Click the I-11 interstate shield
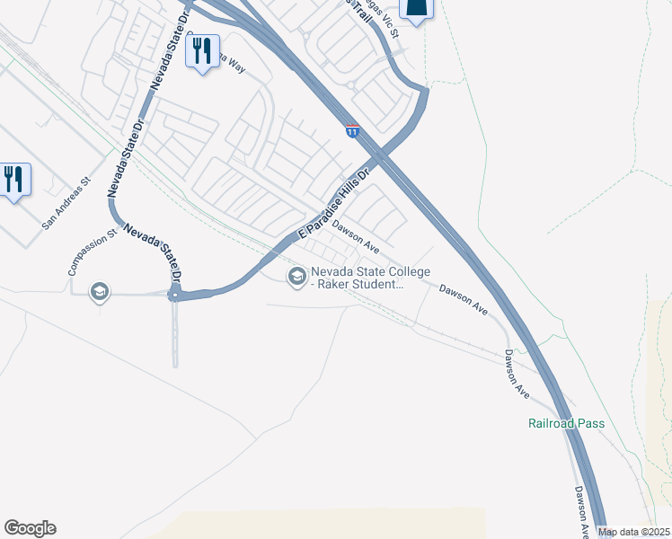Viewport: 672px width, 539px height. (351, 132)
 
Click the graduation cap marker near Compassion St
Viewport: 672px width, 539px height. (99, 292)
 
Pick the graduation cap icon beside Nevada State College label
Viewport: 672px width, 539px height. (296, 277)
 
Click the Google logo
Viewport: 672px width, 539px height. (30, 528)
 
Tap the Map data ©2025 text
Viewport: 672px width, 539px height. (632, 532)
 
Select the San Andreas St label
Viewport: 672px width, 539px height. (66, 203)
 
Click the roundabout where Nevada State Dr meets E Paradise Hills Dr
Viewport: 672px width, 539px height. (175, 294)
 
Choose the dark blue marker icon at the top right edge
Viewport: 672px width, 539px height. (417, 9)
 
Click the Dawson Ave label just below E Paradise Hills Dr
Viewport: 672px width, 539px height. (356, 235)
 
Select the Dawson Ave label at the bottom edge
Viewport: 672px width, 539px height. (583, 507)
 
